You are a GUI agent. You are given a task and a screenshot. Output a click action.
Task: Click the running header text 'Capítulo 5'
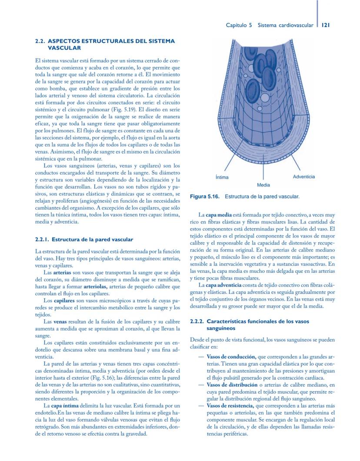tap(239, 25)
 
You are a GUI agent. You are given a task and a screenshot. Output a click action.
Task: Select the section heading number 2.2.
tap(40, 41)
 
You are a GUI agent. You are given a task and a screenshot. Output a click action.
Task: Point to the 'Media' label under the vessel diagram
tap(263, 185)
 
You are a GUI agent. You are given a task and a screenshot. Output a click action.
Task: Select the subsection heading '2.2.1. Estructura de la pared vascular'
tap(83, 239)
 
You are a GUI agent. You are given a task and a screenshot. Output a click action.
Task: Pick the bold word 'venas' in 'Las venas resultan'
tap(60, 321)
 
